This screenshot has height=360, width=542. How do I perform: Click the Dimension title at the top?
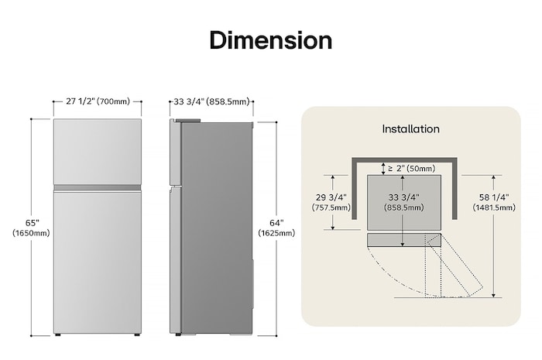coord(270,40)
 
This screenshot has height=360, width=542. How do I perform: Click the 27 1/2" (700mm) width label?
coord(98,101)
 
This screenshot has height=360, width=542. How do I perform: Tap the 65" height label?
coord(32,223)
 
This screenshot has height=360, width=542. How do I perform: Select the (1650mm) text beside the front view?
coord(32,233)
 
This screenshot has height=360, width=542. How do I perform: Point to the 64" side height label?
coord(276,223)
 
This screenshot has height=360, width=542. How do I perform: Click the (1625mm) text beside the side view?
coord(276,233)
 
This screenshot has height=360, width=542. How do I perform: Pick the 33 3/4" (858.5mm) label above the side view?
coord(211,101)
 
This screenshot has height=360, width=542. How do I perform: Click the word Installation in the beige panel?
coord(410,129)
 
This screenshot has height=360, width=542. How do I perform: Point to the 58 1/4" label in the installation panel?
coord(494,197)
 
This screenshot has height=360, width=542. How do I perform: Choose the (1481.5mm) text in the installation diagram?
coord(494,207)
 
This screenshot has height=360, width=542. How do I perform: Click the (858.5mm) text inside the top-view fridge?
coord(404,207)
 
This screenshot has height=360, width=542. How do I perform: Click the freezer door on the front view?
coord(97,151)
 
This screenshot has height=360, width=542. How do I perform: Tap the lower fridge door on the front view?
coord(97,259)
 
